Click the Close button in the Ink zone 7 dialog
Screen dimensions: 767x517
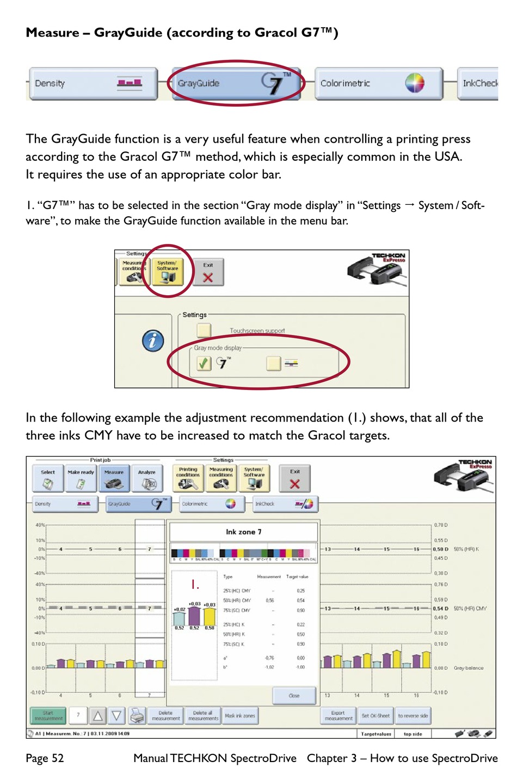pos(294,695)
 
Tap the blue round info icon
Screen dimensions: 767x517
pos(153,340)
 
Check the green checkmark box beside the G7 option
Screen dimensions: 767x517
pos(204,363)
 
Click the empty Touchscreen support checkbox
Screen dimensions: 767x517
pos(204,330)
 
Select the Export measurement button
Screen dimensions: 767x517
pos(338,715)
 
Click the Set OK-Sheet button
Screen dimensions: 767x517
pos(376,715)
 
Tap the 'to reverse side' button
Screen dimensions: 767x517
pos(413,715)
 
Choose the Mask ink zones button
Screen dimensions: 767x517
pos(240,715)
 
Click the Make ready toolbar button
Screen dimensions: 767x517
pos(81,478)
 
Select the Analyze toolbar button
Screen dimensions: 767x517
pos(146,478)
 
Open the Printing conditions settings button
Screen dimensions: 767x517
pos(188,478)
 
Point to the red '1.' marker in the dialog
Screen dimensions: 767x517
pos(195,585)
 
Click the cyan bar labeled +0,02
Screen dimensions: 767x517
pos(179,618)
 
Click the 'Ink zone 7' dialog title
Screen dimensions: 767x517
pos(244,532)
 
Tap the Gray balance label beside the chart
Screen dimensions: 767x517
pos(468,668)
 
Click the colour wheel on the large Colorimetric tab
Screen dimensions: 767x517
pos(415,83)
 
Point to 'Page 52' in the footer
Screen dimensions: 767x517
pos(45,758)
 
